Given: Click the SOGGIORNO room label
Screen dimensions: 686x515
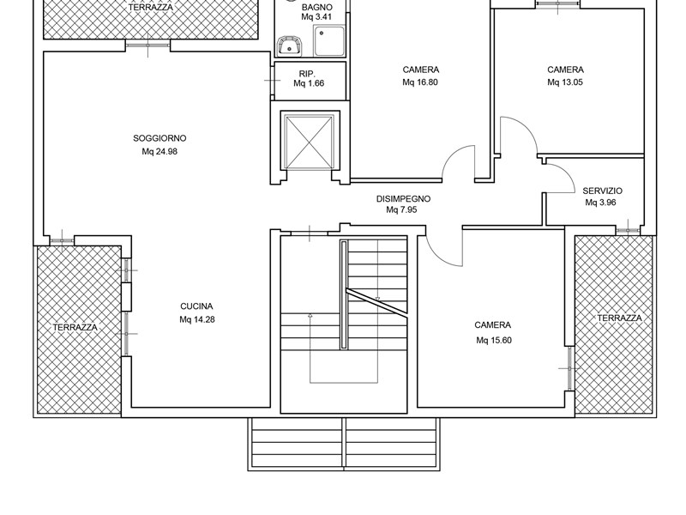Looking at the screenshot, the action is point(159,138).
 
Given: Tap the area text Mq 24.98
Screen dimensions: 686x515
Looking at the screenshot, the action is point(159,152).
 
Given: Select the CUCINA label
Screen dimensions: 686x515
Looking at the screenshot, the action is point(196,306).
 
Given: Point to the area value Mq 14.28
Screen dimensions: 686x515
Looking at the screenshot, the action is point(197,319).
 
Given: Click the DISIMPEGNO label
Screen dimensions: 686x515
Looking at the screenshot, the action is point(403,199).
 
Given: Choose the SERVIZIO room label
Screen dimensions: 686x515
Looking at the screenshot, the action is point(603,191).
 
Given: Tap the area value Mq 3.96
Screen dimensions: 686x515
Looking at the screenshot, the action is point(600,203).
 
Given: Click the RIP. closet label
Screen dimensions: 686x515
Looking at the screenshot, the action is point(307,74).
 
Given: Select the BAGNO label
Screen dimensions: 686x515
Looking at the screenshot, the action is point(316,8).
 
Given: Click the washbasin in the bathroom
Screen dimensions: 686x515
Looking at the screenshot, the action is point(289,46).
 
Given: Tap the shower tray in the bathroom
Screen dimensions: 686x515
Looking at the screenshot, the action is point(329,40).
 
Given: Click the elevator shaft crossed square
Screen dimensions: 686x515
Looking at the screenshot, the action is point(310,141).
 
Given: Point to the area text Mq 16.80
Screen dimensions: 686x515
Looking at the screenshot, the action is point(420,82).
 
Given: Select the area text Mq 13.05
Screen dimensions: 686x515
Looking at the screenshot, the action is point(565,82).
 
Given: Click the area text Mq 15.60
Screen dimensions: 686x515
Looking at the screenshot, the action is point(494,340).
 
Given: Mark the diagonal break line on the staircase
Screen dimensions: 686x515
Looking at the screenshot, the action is point(376,301).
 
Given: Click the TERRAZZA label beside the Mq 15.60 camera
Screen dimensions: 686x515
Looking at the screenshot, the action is point(619,318).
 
